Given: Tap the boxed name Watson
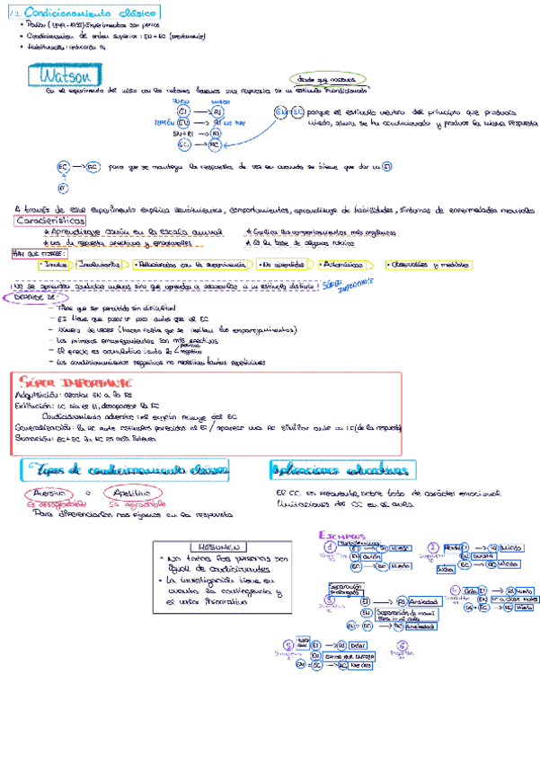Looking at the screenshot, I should pyautogui.click(x=57, y=74).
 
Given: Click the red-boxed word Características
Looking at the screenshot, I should pyautogui.click(x=51, y=221).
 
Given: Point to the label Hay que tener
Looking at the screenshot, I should pyautogui.click(x=32, y=254).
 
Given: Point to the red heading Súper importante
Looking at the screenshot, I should pyautogui.click(x=63, y=381).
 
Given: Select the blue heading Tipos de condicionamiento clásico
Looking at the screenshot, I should pyautogui.click(x=128, y=470).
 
